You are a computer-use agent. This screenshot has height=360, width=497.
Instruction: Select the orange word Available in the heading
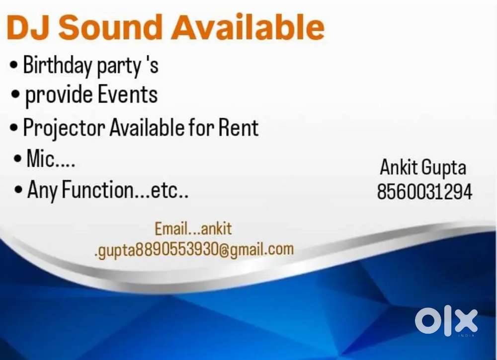pyautogui.click(x=248, y=28)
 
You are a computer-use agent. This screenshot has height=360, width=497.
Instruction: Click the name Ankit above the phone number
pyautogui.click(x=399, y=168)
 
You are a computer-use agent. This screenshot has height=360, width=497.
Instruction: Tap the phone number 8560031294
pyautogui.click(x=424, y=192)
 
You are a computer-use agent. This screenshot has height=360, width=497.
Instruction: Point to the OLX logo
pyautogui.click(x=446, y=321)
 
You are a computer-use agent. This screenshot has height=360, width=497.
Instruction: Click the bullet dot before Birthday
pyautogui.click(x=14, y=66)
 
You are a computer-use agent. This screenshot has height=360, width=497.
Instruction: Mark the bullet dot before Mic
pyautogui.click(x=18, y=160)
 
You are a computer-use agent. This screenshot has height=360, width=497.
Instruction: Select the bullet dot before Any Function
pyautogui.click(x=19, y=191)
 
